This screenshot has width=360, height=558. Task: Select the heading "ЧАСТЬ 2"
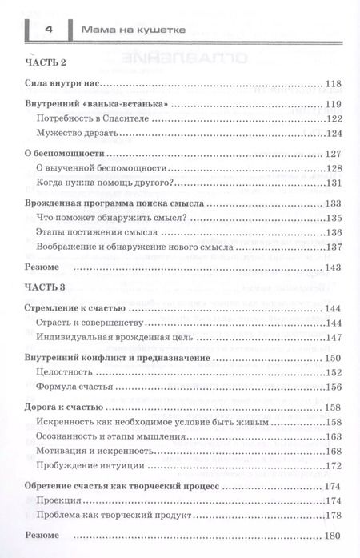44,62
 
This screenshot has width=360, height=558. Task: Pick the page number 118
334,84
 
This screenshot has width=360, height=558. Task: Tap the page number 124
334,133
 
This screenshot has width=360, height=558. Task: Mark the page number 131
334,183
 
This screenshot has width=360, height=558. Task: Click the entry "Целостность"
65,372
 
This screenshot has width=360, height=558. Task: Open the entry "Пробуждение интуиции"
86,466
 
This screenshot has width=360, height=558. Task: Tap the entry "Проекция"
61,501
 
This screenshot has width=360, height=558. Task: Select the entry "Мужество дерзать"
74,133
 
